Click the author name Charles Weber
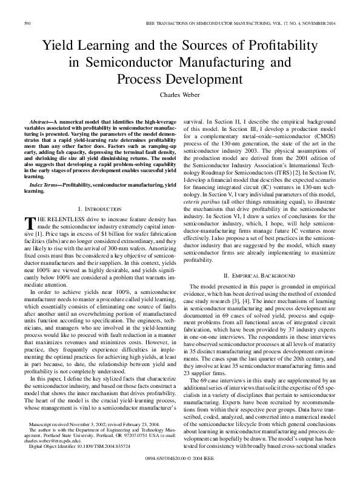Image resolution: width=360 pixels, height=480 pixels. coord(180,95)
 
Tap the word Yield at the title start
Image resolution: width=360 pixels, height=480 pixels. coord(57,45)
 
